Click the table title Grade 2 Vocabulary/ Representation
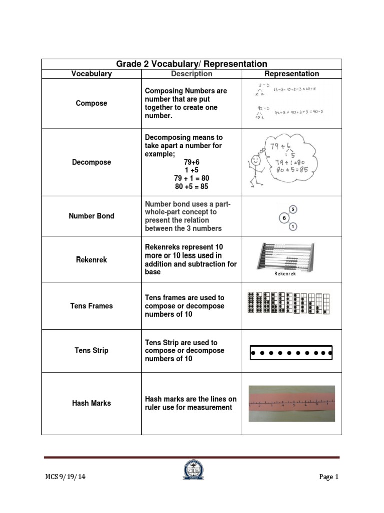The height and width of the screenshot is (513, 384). coord(192,64)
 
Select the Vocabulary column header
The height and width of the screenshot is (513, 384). coord(91,74)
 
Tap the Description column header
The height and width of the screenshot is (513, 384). coord(192,74)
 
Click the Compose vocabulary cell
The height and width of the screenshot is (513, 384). coord(91,103)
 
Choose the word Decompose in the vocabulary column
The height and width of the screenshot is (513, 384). coord(91,162)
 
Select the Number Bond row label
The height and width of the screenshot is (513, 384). coord(91,216)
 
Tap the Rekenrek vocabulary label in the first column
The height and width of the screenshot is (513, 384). coord(91,260)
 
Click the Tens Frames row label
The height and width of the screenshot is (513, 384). coord(91,306)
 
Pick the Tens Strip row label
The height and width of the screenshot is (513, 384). coord(91,350)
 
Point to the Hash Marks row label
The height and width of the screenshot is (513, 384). coord(91,403)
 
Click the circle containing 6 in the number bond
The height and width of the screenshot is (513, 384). coord(283,218)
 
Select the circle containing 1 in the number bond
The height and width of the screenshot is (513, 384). coord(293,227)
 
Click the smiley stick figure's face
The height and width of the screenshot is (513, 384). coord(256,161)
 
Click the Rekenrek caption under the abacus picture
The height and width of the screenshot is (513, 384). coord(285,274)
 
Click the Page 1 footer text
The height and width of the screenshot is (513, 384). coord(329,477)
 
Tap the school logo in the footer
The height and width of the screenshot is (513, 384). coord(191,474)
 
